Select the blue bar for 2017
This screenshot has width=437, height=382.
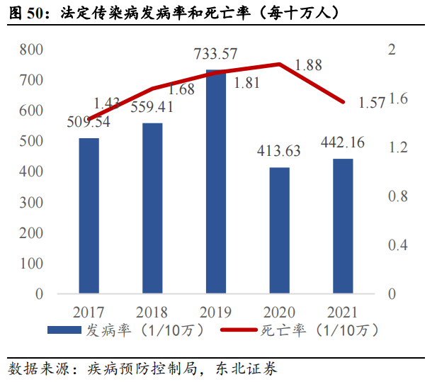[x=89, y=215]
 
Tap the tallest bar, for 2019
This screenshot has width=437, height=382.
[x=216, y=181]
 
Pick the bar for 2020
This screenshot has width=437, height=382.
[x=280, y=230]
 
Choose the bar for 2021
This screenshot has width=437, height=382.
[x=343, y=226]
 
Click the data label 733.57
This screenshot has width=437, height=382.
[x=217, y=52]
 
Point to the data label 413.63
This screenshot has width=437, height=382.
[x=277, y=150]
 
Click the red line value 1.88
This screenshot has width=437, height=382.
[x=308, y=65]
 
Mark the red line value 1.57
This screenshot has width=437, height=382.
[x=372, y=103]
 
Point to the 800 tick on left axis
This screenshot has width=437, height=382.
[x=32, y=50]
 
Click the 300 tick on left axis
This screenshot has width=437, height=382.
[x=32, y=203]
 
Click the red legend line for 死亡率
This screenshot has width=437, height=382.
[x=238, y=330]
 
